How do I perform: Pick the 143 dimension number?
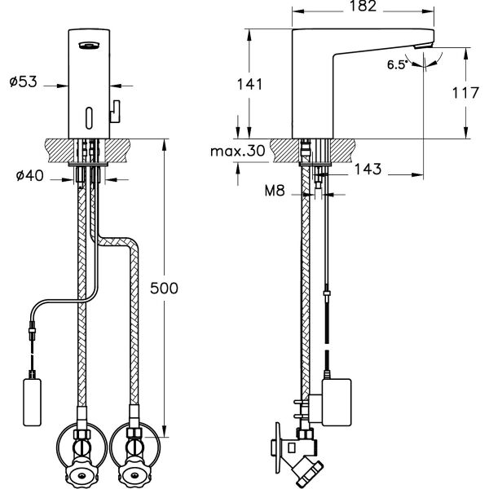click(366, 170)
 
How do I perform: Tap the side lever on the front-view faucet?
click(116, 108)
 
